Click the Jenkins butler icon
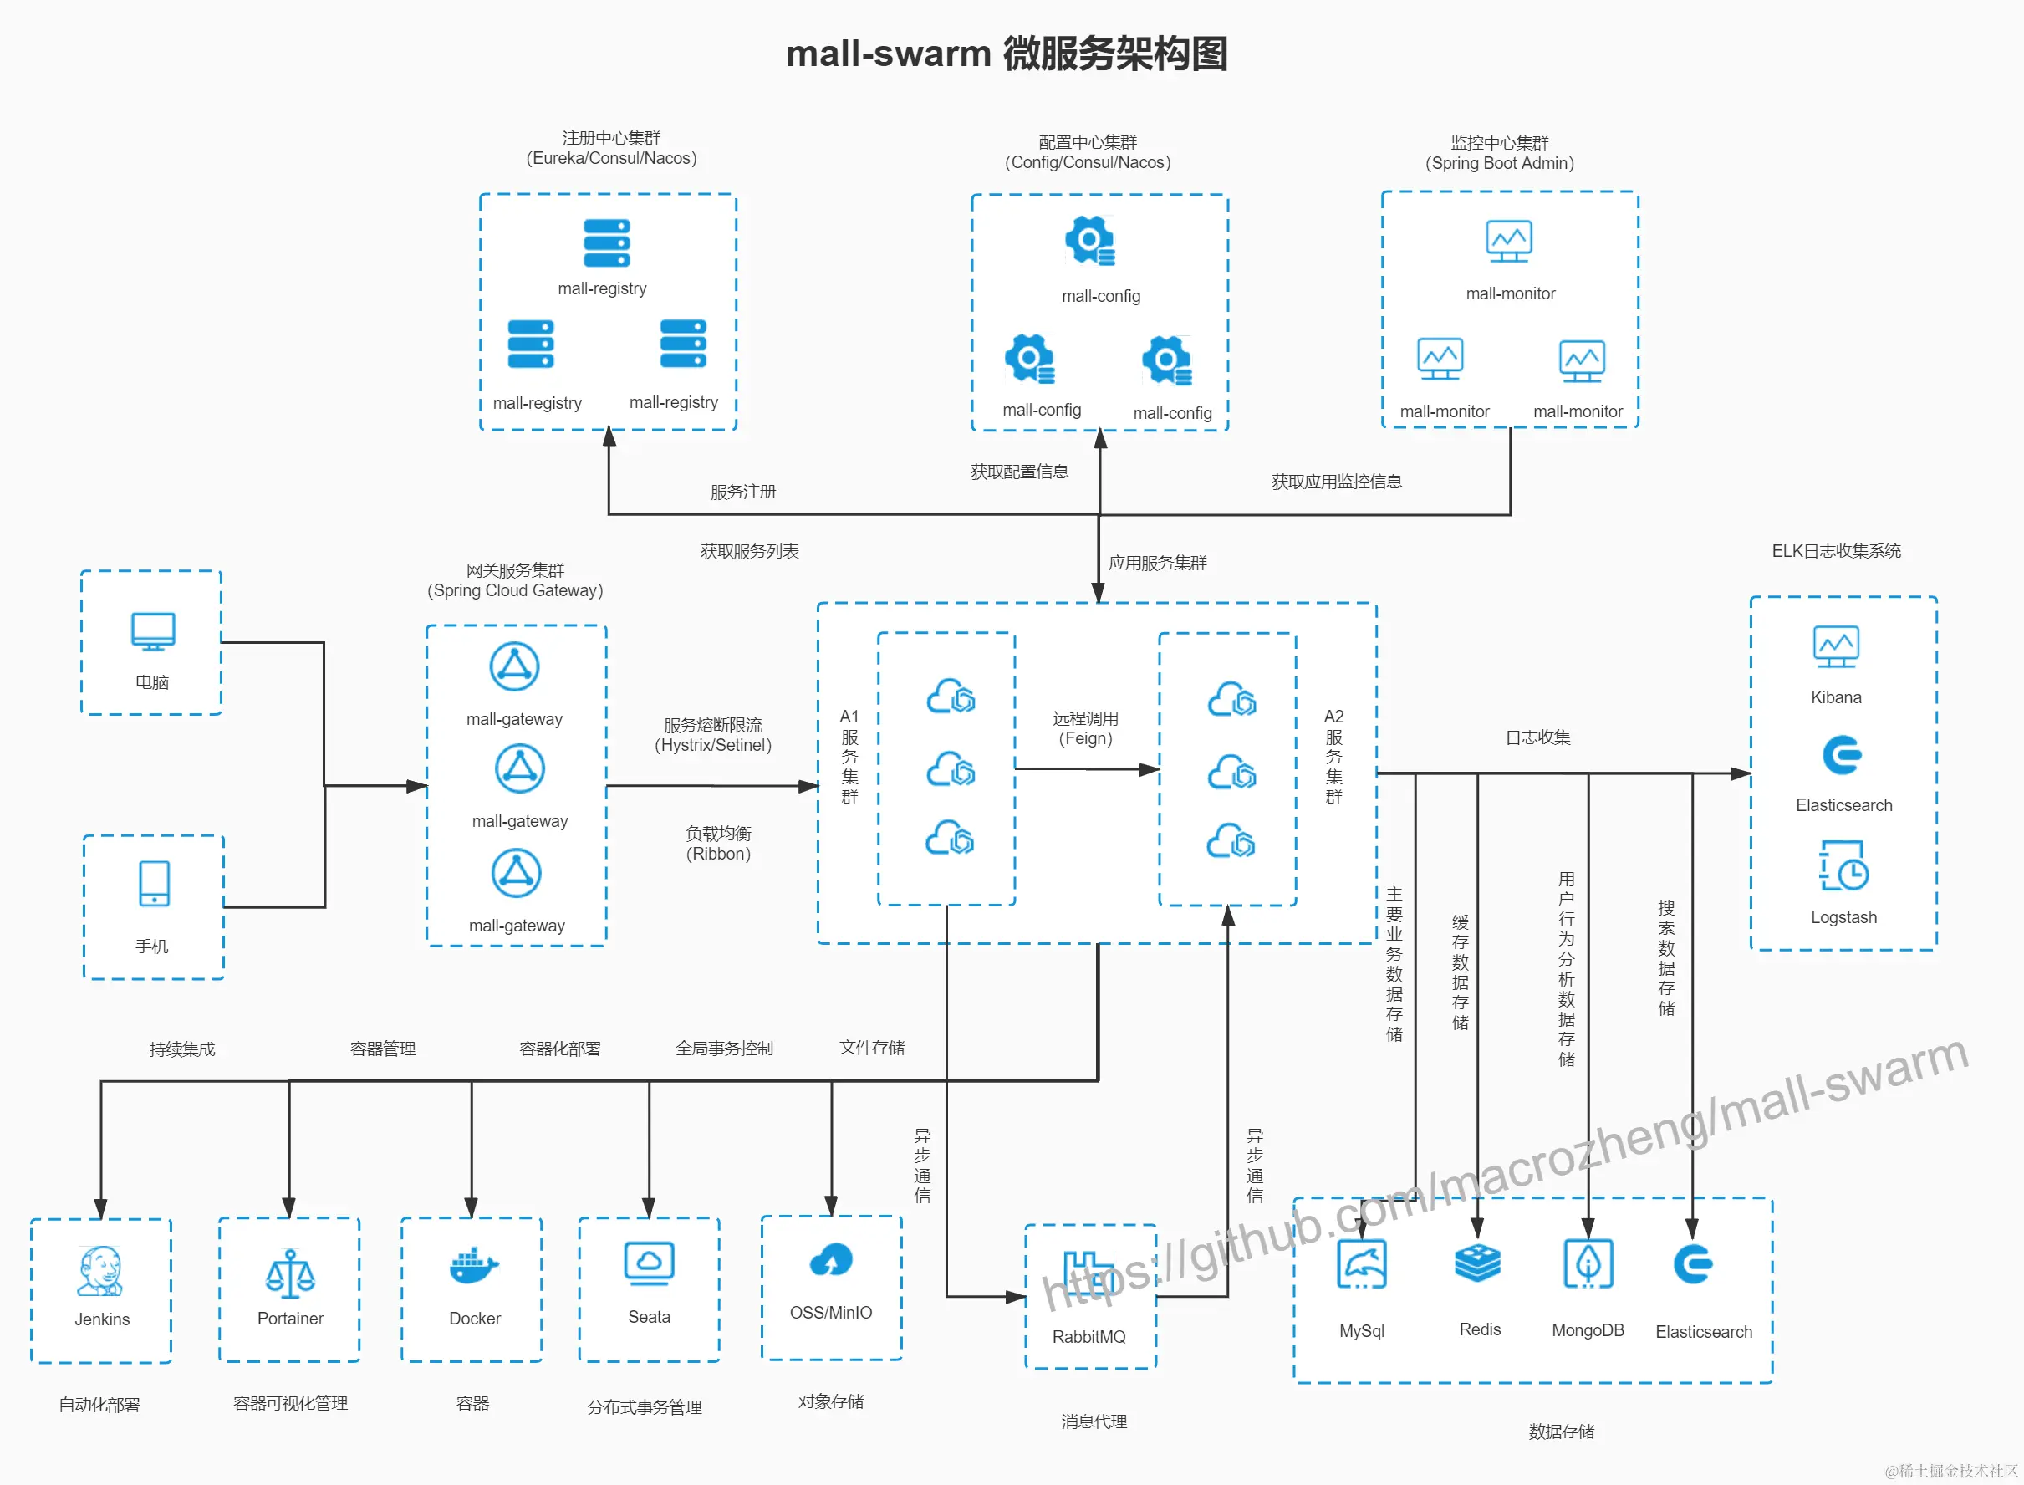(99, 1271)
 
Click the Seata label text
(649, 1317)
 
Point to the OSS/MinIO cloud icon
(830, 1260)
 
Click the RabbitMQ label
(1088, 1337)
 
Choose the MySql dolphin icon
(1362, 1264)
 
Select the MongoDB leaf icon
(1588, 1263)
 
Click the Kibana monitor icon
(1836, 646)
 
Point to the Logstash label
(1843, 917)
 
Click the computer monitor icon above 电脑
(153, 631)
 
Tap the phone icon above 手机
(154, 884)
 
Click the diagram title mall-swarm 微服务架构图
(1007, 54)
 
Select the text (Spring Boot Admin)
(1499, 164)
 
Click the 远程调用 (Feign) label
(1086, 728)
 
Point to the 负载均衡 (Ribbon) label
(718, 843)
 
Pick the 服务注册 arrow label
(742, 492)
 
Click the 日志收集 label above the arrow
(1537, 737)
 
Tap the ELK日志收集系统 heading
(1836, 551)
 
